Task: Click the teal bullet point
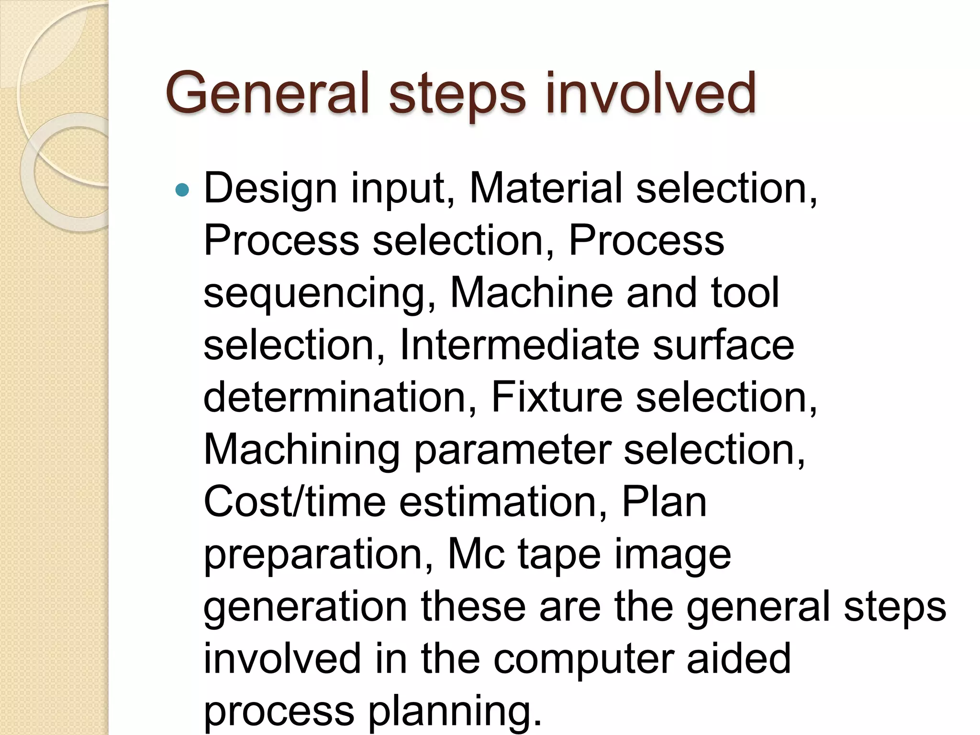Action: coord(182,190)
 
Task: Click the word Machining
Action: coord(301,451)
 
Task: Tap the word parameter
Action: coord(512,451)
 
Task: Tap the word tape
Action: coord(559,556)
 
